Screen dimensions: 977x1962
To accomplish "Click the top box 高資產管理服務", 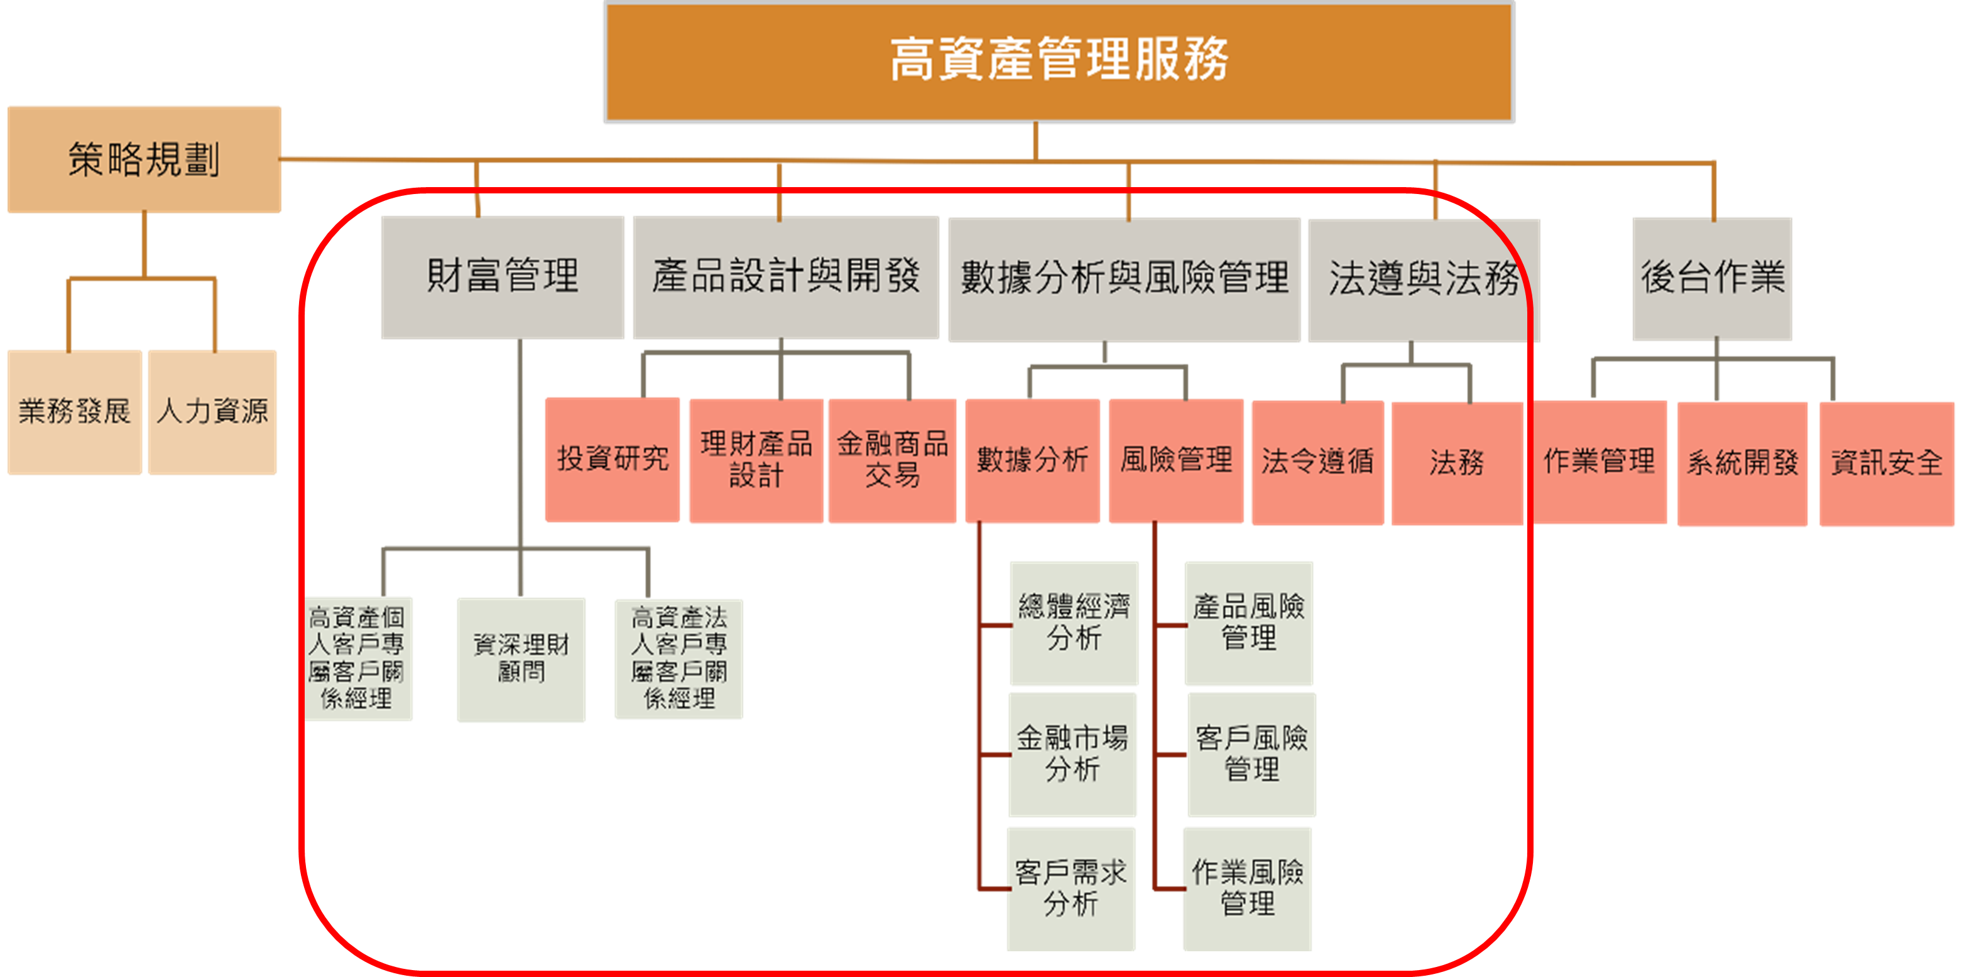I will click(1059, 61).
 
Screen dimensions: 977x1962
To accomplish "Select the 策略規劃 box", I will click(144, 159).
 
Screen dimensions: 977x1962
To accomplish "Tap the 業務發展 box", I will click(75, 412).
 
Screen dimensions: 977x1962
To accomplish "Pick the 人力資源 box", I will click(212, 412).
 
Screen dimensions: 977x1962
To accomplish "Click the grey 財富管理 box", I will click(503, 277).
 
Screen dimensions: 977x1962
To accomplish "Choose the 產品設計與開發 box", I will click(786, 277).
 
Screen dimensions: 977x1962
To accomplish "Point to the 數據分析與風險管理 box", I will click(1124, 279).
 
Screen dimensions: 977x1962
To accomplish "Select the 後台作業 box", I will click(1712, 279).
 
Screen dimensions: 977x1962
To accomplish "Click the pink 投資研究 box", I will click(613, 459).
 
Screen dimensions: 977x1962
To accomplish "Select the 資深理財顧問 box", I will click(521, 659).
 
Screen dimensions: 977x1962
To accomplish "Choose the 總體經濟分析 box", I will click(1074, 623).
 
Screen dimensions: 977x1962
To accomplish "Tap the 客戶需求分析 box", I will click(1071, 888).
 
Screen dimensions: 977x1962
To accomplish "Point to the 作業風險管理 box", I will click(1247, 888).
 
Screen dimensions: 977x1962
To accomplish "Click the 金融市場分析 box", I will click(1072, 754).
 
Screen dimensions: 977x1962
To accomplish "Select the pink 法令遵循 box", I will click(1317, 462).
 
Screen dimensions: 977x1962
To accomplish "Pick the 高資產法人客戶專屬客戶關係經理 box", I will click(679, 659).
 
